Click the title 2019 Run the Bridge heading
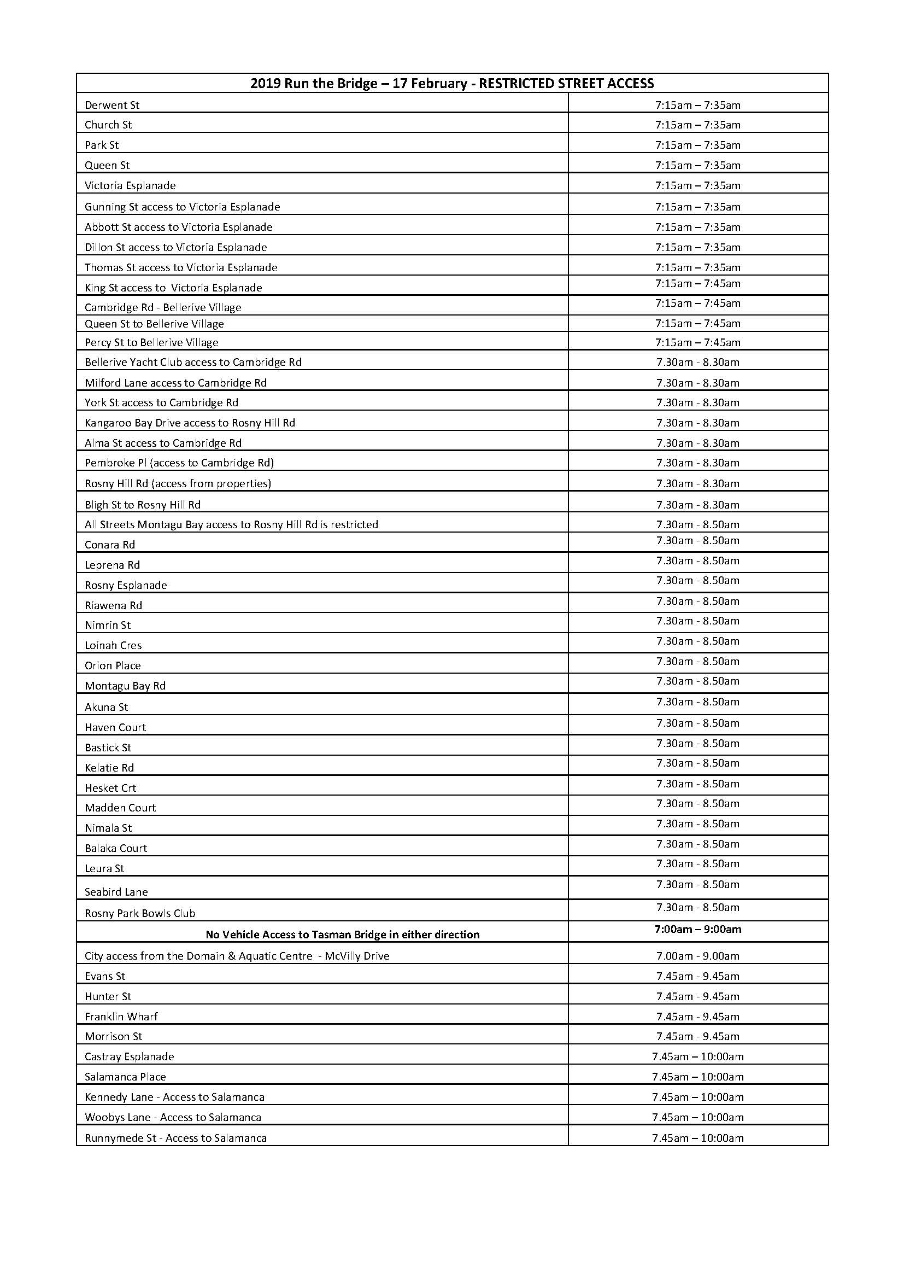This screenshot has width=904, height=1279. (451, 84)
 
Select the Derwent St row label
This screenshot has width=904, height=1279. (112, 105)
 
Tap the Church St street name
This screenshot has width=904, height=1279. (108, 125)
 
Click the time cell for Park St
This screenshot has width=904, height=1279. (697, 145)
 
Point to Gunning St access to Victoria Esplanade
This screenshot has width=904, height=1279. (182, 207)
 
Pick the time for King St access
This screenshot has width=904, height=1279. (697, 284)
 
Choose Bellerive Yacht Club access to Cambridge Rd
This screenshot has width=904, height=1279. (192, 362)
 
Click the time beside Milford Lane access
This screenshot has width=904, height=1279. (697, 383)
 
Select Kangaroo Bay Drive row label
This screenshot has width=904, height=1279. (190, 423)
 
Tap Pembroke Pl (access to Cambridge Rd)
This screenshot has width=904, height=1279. (179, 463)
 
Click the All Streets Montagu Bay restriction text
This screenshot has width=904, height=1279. (231, 524)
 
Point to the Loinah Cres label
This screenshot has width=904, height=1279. (113, 645)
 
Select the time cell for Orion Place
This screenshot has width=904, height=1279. (697, 661)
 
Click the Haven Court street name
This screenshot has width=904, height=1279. (115, 727)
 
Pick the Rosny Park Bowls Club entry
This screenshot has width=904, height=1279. (140, 913)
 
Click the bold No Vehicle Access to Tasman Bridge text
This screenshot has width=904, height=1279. (342, 934)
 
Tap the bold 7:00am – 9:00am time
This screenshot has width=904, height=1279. (697, 928)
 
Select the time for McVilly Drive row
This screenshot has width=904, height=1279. (697, 956)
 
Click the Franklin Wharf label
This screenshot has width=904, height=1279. (121, 1016)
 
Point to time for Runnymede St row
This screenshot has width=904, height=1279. (697, 1137)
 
